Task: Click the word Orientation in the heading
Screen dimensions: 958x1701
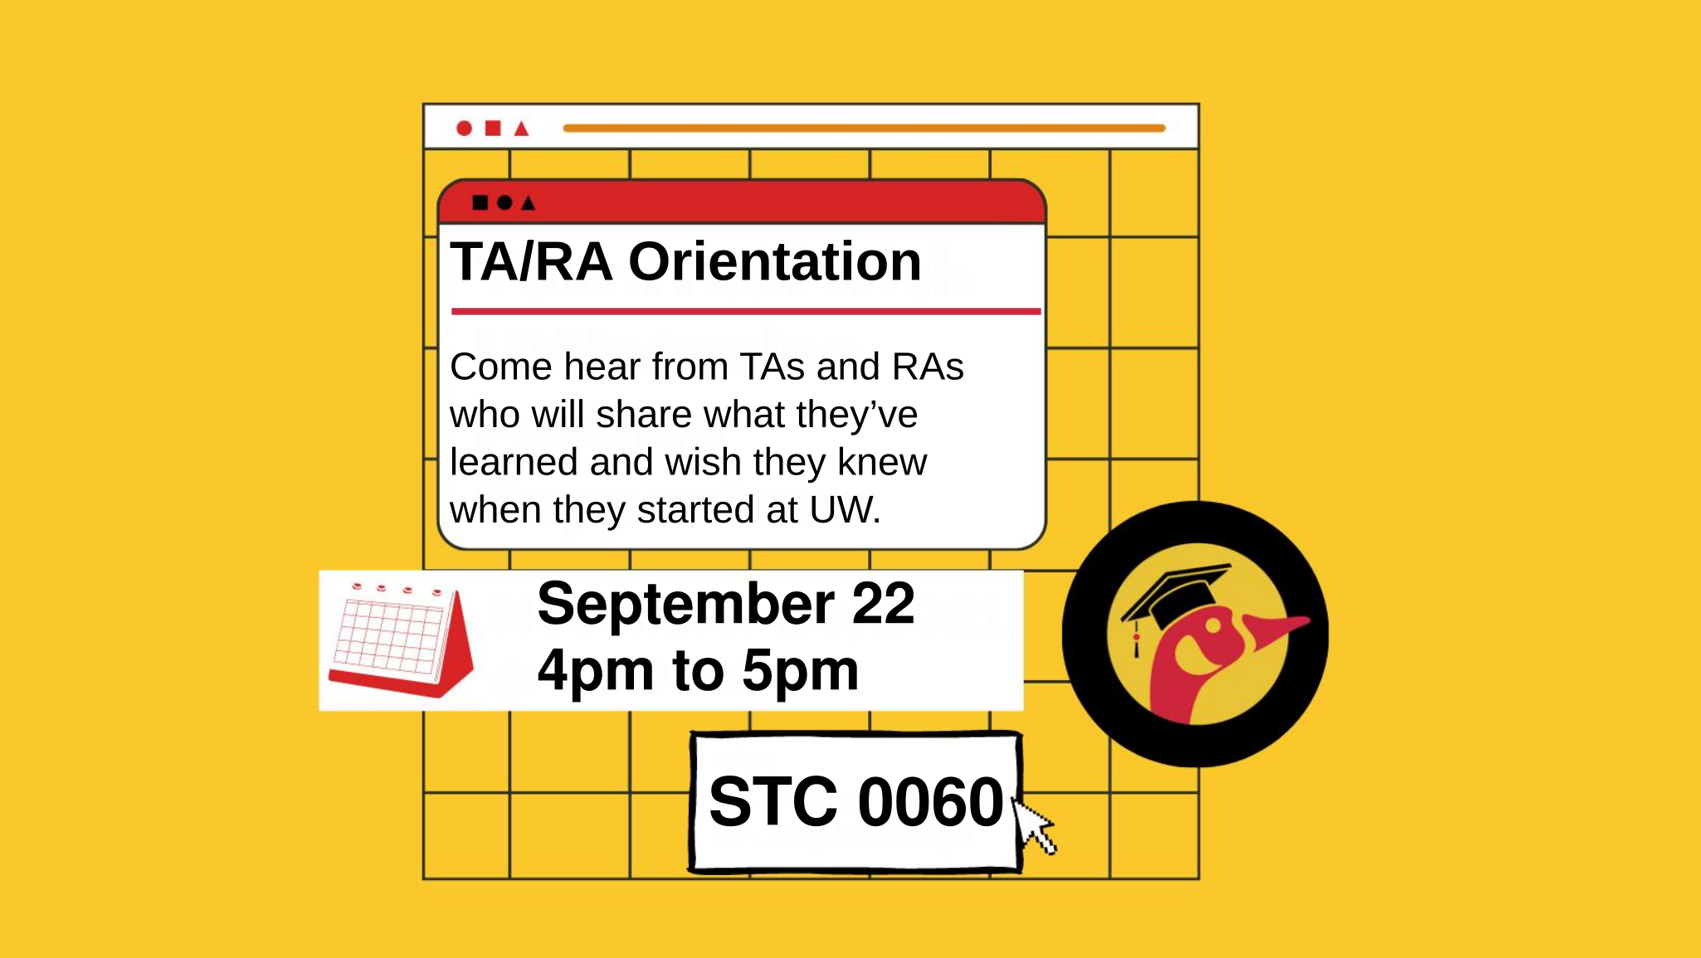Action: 774,262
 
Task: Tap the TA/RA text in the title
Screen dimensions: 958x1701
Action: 531,262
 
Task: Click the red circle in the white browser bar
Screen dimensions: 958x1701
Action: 464,128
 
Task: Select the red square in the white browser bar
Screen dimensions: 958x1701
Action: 493,128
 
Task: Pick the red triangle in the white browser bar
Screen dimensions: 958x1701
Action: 521,129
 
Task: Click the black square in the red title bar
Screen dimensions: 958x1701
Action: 480,202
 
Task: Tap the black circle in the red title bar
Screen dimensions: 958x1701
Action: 504,202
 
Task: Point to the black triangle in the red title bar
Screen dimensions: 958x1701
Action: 528,203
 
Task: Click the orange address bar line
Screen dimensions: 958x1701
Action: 864,128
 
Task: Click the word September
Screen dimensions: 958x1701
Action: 685,604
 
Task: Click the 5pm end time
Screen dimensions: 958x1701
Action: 800,670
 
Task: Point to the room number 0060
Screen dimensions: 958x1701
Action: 930,802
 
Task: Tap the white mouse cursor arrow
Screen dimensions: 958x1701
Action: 1034,824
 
